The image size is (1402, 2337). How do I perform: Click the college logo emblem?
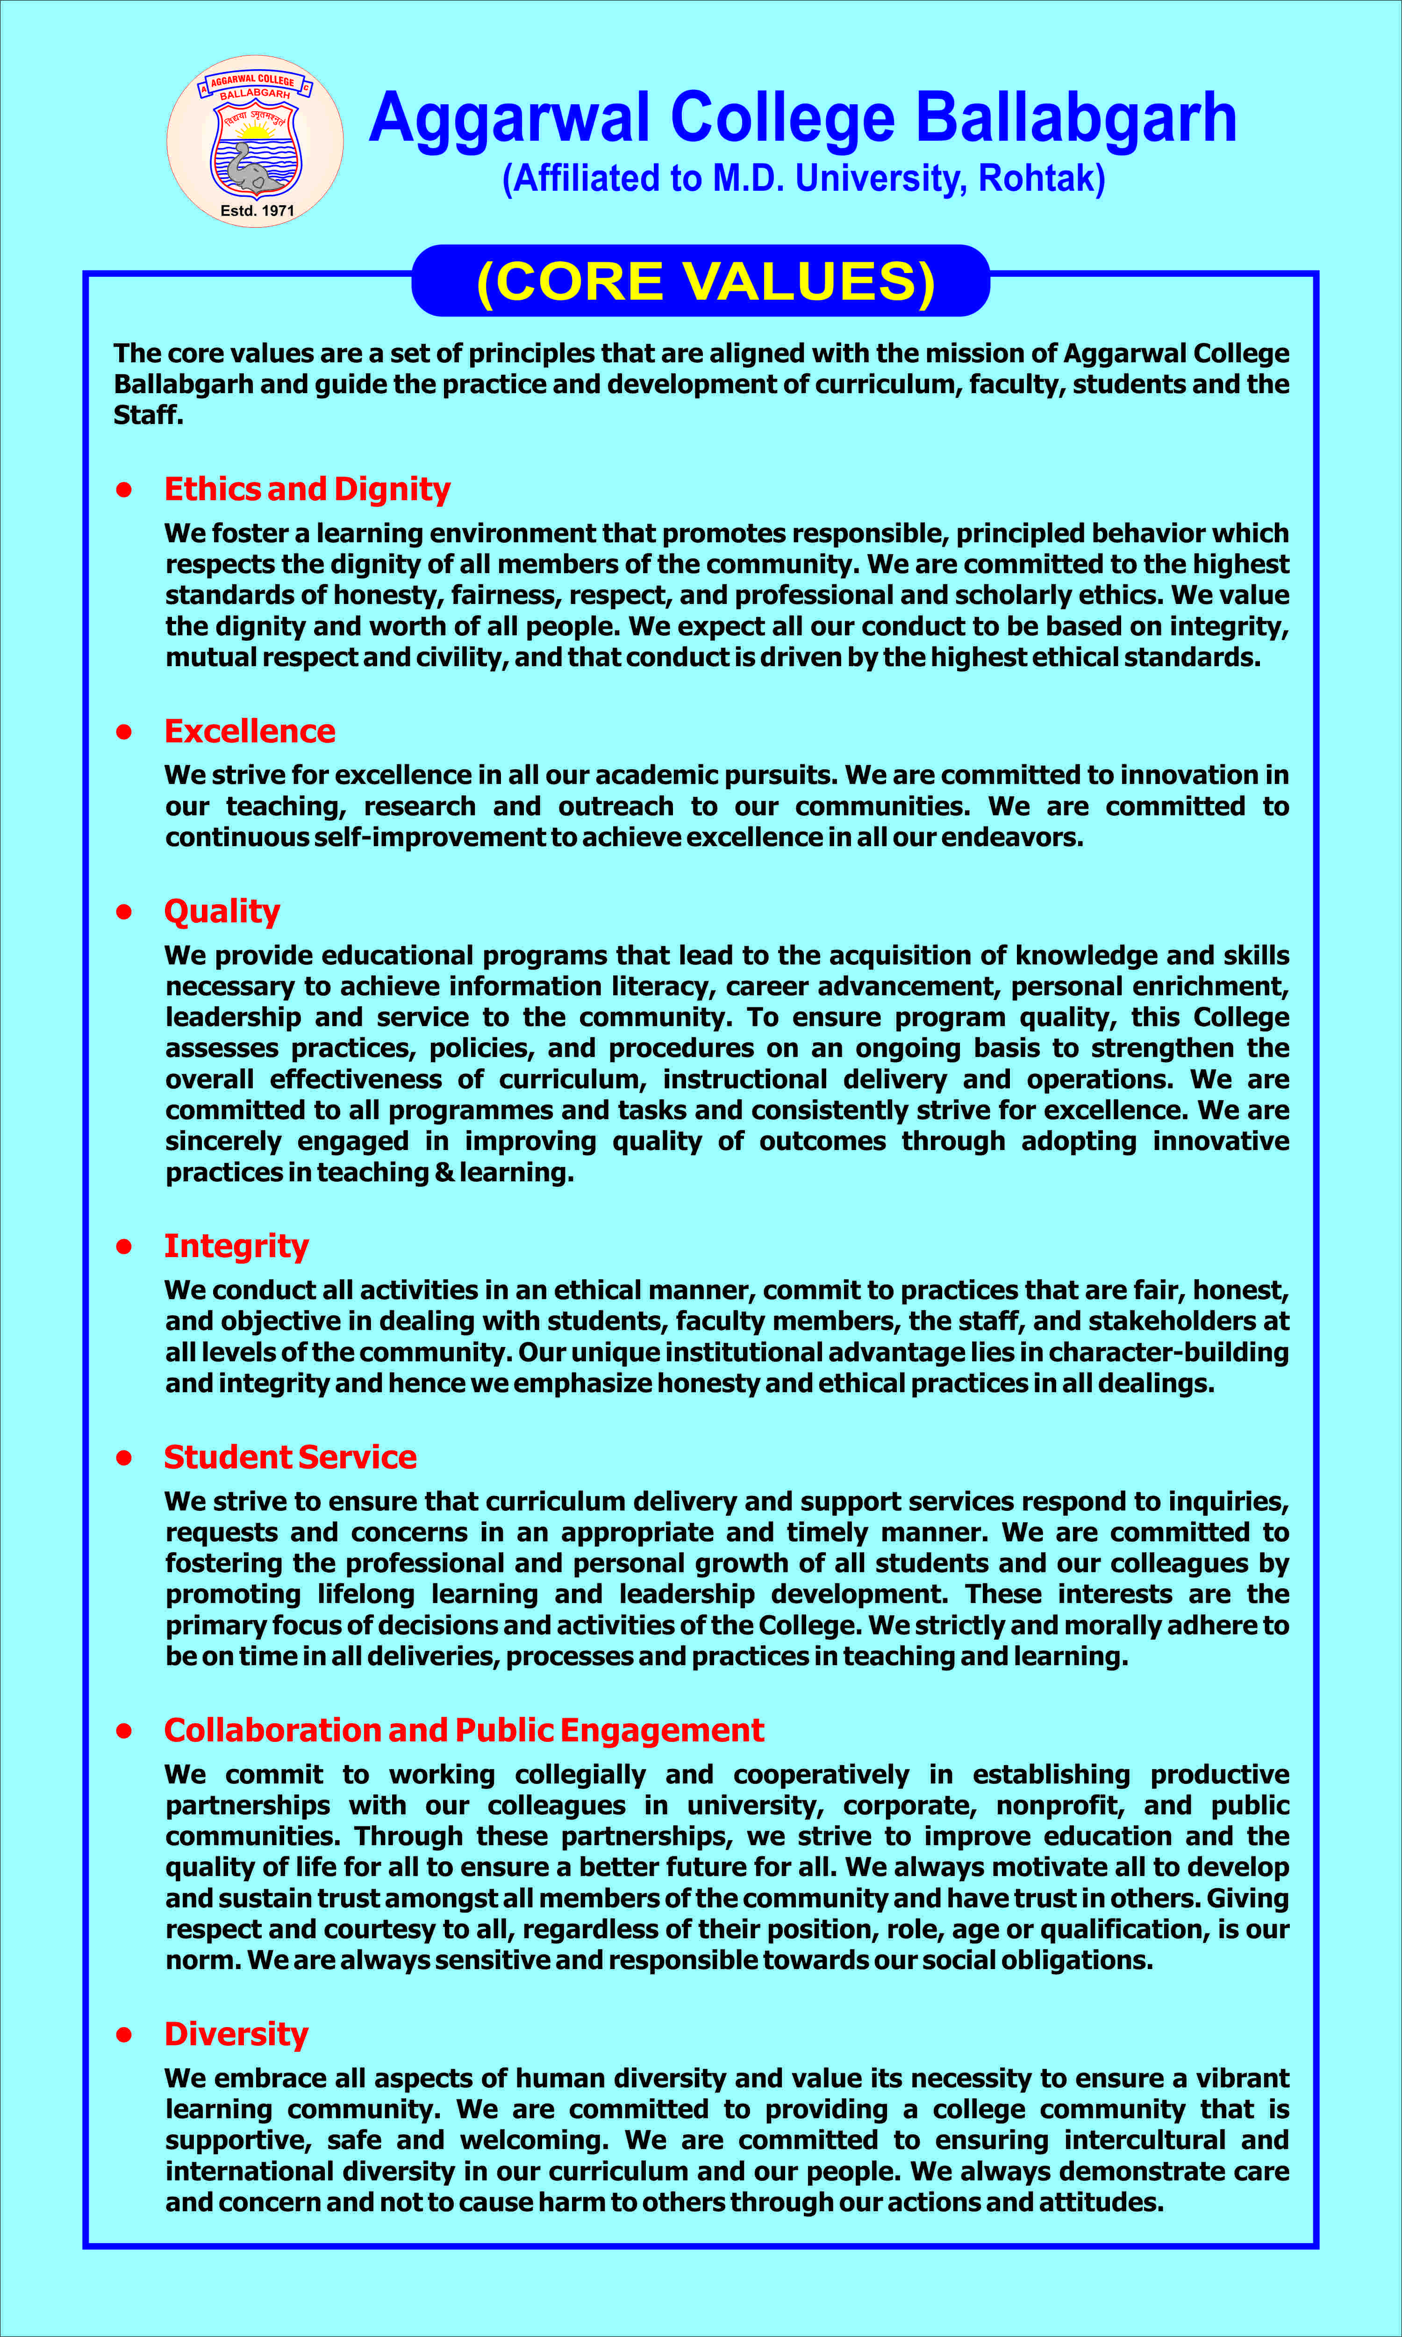click(x=255, y=142)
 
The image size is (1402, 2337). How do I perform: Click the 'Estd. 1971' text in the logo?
click(x=257, y=211)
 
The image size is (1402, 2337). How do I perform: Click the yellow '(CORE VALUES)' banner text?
click(x=706, y=281)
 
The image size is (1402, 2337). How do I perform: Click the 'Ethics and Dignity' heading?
click(x=307, y=489)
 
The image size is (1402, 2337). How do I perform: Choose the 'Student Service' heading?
click(x=290, y=1457)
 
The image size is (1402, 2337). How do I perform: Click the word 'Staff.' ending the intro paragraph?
click(x=148, y=415)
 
